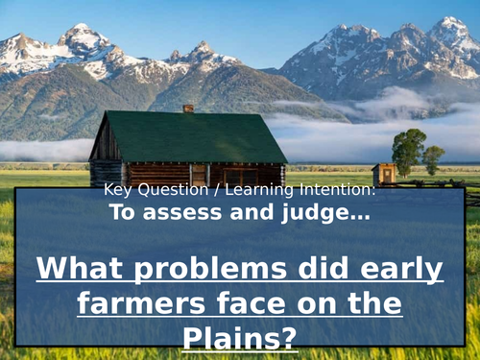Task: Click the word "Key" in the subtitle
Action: pos(116,190)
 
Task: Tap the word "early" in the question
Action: pos(400,270)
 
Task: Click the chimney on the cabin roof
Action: pos(188,108)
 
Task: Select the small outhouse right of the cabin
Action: pos(384,175)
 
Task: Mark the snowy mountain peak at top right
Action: pos(451,24)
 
